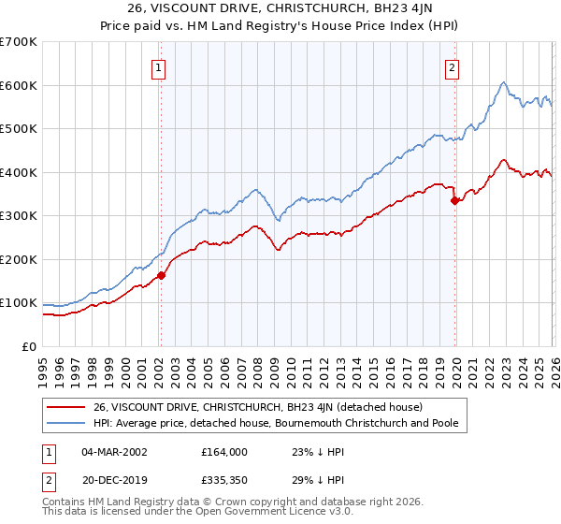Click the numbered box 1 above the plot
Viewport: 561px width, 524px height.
coord(159,67)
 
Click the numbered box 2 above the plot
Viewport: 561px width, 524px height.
coord(453,67)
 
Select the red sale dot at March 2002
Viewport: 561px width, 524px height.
coord(161,275)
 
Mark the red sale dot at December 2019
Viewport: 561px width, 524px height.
coord(454,200)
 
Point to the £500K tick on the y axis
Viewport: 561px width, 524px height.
coord(19,129)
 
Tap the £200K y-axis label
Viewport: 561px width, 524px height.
coord(19,259)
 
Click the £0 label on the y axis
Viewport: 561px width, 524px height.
coord(28,346)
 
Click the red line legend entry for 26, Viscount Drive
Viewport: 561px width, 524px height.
coord(257,407)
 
